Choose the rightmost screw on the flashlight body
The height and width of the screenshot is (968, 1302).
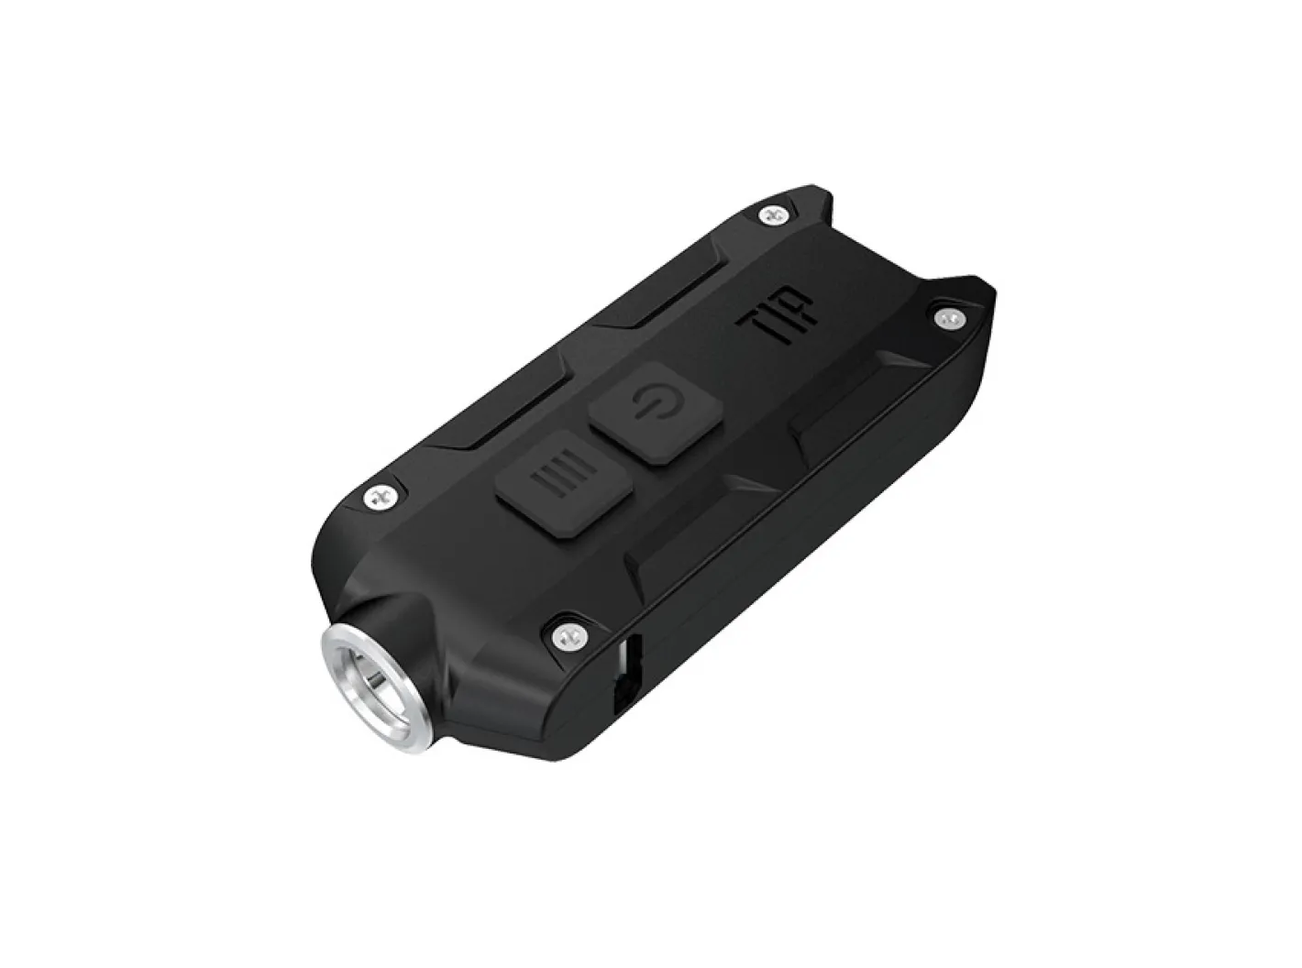[x=947, y=317]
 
